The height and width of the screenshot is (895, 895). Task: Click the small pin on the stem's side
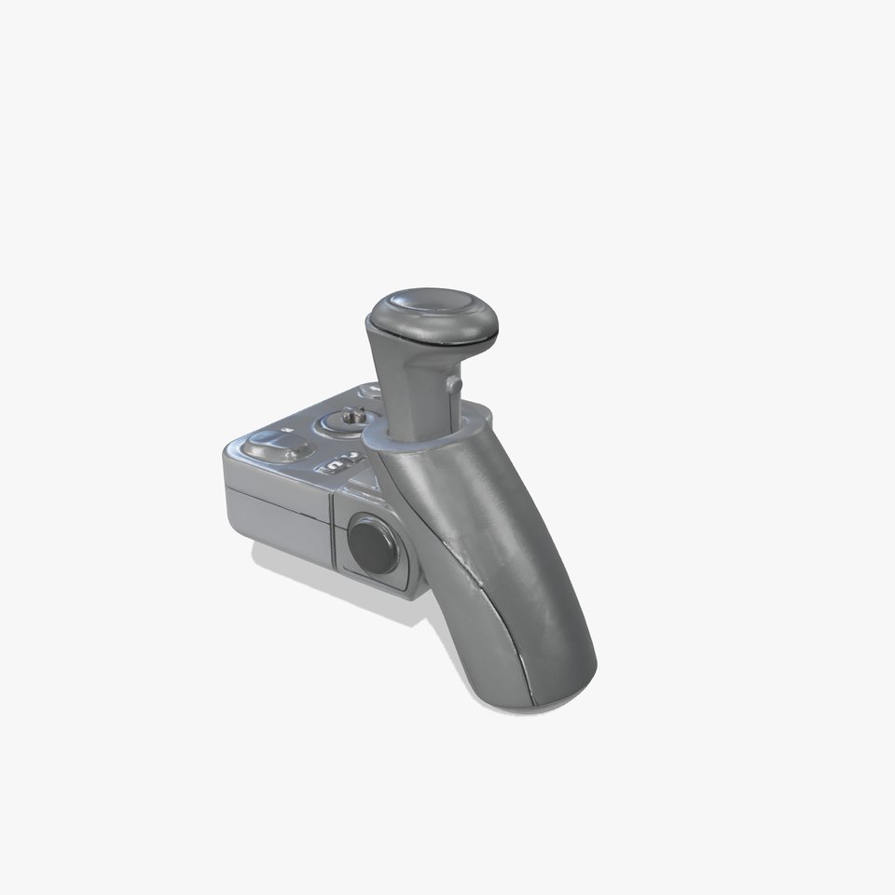tap(453, 383)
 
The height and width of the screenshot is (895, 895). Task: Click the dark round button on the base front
tap(370, 544)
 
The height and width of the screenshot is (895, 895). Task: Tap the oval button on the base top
tap(274, 448)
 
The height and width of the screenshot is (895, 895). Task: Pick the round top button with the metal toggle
tap(350, 421)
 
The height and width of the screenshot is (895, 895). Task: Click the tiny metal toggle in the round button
tap(352, 416)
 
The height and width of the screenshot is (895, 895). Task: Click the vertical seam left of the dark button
tap(333, 531)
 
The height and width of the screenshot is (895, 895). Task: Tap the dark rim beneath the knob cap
tap(434, 337)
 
